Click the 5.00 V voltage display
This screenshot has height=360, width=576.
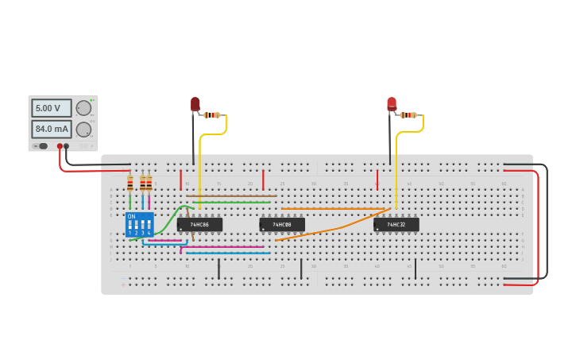click(52, 108)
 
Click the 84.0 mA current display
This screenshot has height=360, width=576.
click(52, 129)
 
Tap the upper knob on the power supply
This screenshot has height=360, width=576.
click(83, 108)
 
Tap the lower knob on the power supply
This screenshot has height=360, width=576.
click(83, 129)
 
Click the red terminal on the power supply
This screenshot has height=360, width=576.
click(60, 146)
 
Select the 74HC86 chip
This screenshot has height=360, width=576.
click(199, 225)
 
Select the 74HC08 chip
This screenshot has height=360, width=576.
click(282, 225)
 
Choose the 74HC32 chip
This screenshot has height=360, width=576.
click(396, 225)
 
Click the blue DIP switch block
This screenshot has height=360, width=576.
click(139, 224)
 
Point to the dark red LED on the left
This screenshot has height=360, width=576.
click(195, 104)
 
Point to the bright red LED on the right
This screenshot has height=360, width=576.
click(392, 103)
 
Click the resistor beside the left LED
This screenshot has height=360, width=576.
click(212, 115)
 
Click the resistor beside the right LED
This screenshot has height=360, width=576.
click(408, 115)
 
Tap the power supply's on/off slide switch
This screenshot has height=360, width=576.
click(42, 146)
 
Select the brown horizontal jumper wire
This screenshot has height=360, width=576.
click(231, 195)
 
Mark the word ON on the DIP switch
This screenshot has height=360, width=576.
click(131, 216)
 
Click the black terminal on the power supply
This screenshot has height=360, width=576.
click(67, 146)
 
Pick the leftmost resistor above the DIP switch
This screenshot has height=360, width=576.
click(130, 184)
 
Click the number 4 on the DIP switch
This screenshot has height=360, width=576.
click(149, 233)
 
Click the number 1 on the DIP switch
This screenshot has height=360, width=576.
click(130, 233)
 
